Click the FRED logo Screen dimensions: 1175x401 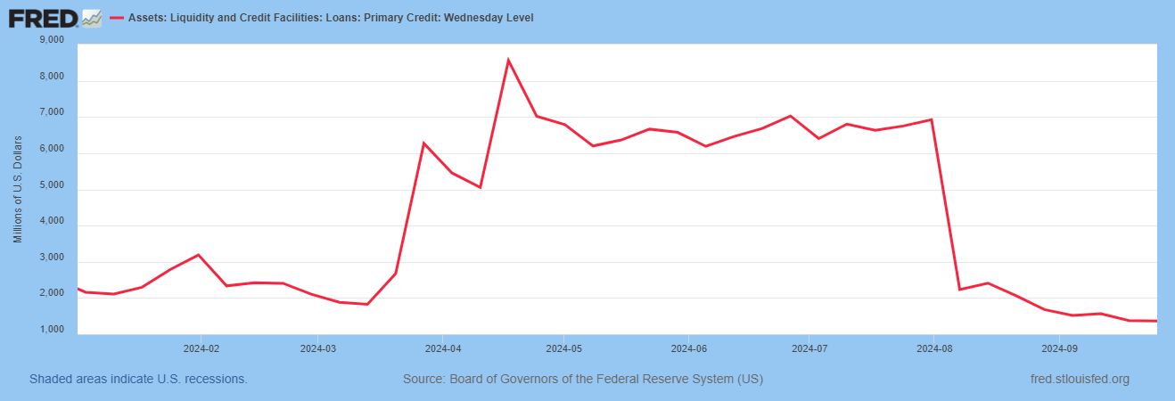tap(55, 19)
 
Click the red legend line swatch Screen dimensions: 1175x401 tap(117, 18)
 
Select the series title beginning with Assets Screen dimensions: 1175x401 tap(331, 18)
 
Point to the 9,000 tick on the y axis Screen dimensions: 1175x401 tap(52, 40)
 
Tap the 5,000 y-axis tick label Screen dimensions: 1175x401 tap(52, 185)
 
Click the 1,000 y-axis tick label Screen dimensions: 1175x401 tap(52, 330)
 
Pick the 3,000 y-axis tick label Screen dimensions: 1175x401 tap(52, 258)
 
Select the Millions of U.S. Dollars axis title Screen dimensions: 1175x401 tap(18, 189)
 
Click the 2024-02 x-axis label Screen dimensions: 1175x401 tap(201, 348)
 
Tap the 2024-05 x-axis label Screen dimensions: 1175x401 tap(564, 348)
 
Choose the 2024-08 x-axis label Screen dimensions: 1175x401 tap(934, 348)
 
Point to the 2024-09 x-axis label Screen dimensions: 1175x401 tap(1059, 348)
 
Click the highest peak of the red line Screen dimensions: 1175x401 tap(508, 60)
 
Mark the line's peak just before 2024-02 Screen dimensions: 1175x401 tap(198, 255)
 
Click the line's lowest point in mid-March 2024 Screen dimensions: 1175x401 tap(367, 304)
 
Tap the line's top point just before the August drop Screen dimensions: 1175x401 tap(931, 119)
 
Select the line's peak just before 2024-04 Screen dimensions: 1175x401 tap(423, 143)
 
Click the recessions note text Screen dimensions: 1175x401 tap(138, 379)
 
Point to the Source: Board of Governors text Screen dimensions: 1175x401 tap(583, 379)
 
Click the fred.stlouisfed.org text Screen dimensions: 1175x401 tap(1081, 379)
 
